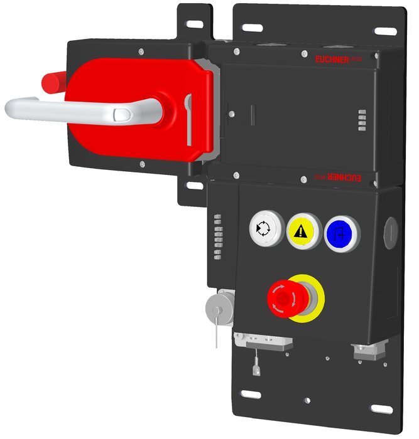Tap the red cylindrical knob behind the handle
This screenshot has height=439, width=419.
click(52, 81)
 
